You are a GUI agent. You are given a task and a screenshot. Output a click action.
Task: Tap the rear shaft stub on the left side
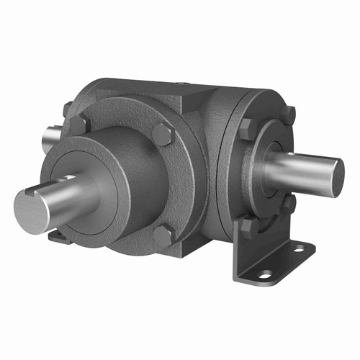tap(52, 134)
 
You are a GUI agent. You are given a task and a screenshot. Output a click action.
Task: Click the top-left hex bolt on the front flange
tap(78, 125)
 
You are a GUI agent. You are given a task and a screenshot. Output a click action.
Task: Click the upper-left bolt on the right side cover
tap(246, 130)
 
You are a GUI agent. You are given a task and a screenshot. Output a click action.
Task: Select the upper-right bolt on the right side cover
tap(287, 114)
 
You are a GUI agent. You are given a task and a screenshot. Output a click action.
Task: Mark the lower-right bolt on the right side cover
tap(288, 205)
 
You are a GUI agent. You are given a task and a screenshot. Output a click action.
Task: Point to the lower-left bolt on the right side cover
tap(247, 228)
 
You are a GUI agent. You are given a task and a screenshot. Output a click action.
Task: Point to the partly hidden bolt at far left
tap(67, 109)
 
